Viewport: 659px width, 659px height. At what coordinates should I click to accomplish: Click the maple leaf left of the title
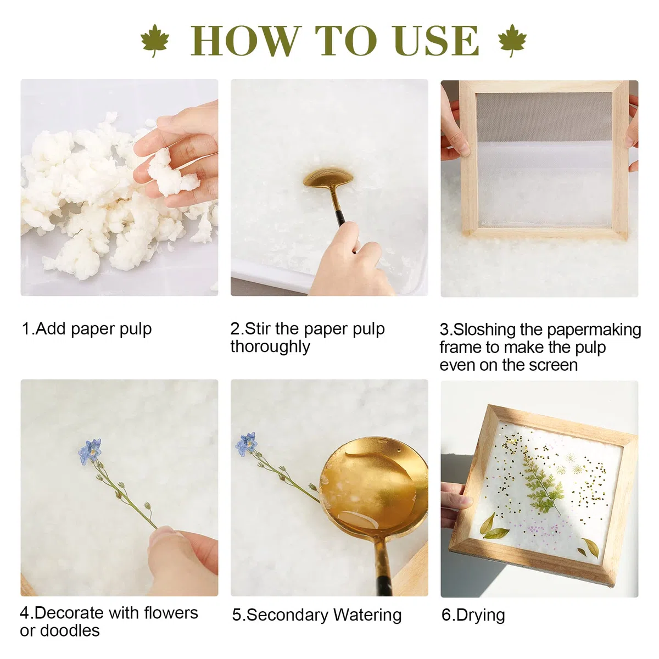click(155, 40)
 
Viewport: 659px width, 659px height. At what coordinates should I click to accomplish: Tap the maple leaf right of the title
click(512, 40)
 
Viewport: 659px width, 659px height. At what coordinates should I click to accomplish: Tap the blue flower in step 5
click(247, 444)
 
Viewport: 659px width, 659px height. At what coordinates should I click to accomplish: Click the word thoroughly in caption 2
click(270, 347)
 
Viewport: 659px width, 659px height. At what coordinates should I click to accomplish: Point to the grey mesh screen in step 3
click(544, 116)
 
